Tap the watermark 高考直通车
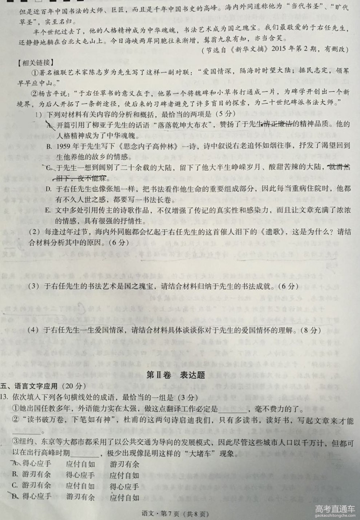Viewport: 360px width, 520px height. (x=329, y=508)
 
